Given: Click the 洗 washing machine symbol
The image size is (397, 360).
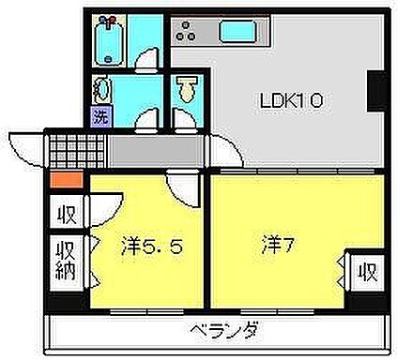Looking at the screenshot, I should point(100,117).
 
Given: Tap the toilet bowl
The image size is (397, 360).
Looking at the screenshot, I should point(188,92).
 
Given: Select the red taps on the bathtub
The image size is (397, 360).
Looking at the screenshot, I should point(109,22).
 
